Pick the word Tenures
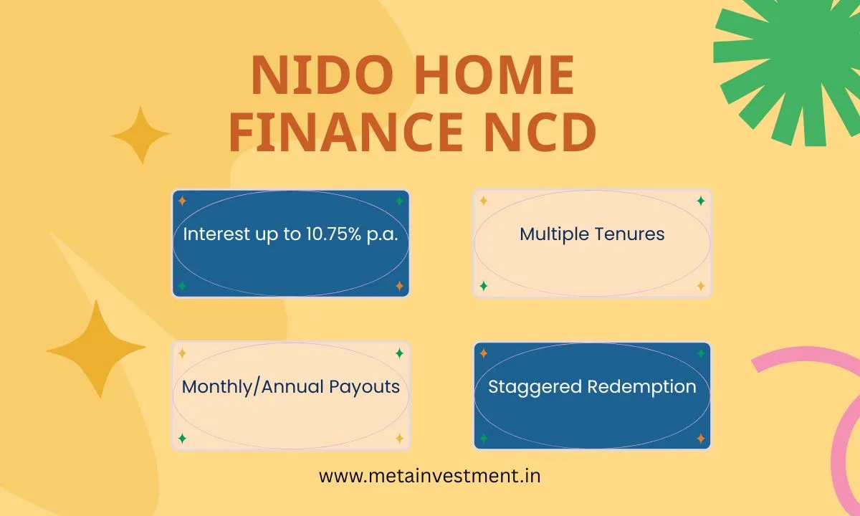click(631, 234)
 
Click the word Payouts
click(364, 387)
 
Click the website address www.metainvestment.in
click(430, 476)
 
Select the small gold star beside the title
click(140, 135)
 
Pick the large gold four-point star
click(96, 349)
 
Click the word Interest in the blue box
click(214, 234)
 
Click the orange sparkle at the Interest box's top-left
click(182, 201)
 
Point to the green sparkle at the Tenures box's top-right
click(701, 201)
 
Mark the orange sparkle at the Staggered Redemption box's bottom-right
click(701, 439)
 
